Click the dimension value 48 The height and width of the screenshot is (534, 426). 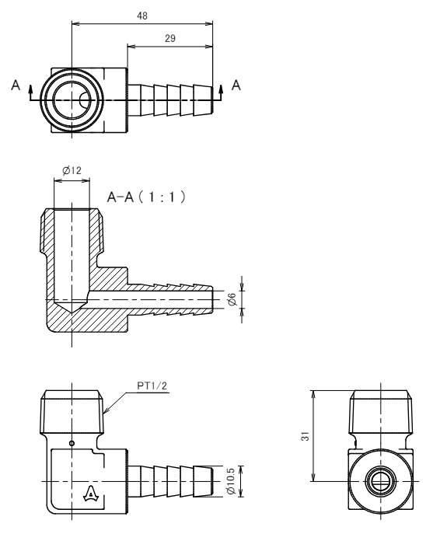click(142, 16)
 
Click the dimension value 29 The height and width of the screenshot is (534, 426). click(170, 38)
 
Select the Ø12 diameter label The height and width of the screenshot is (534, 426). click(72, 170)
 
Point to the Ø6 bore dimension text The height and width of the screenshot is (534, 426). click(232, 299)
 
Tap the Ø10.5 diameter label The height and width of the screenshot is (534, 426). click(231, 481)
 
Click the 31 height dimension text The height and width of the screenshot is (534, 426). click(306, 436)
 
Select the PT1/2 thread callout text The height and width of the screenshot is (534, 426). click(152, 386)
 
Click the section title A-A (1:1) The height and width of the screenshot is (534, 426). click(146, 197)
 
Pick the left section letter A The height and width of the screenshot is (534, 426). click(16, 86)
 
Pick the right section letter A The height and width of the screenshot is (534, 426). click(236, 86)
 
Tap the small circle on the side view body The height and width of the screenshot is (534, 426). click(72, 443)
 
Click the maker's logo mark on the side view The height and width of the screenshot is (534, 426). click(91, 494)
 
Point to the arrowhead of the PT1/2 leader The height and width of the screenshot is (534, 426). click(105, 411)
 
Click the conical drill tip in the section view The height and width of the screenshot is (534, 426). click(72, 305)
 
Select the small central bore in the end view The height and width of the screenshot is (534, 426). click(380, 481)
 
